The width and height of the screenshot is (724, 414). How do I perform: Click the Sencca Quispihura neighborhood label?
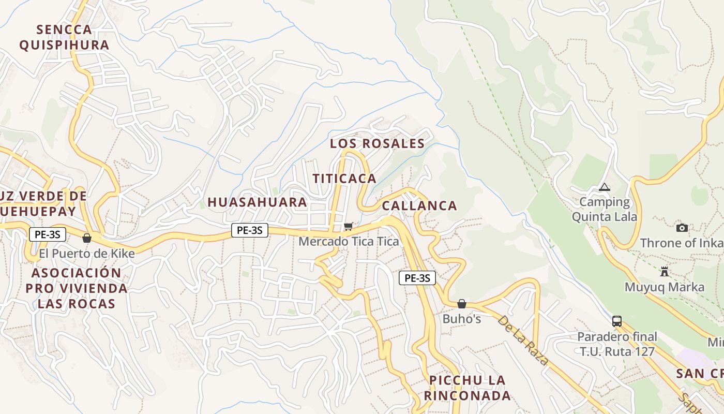pyautogui.click(x=64, y=37)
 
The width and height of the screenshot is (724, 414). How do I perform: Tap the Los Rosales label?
pyautogui.click(x=378, y=144)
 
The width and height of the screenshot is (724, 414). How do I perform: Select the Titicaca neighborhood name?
pyautogui.click(x=344, y=179)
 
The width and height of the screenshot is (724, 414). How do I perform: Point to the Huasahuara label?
pyautogui.click(x=258, y=202)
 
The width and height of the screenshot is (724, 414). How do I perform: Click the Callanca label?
pyautogui.click(x=419, y=206)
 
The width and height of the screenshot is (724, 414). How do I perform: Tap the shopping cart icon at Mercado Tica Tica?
pyautogui.click(x=349, y=226)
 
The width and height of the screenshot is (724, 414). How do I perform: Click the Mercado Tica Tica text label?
pyautogui.click(x=349, y=242)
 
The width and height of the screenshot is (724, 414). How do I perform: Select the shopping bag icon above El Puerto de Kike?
pyautogui.click(x=87, y=238)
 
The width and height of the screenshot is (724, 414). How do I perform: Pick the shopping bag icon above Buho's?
pyautogui.click(x=462, y=304)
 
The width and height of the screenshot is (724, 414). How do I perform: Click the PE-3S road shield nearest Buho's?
pyautogui.click(x=417, y=278)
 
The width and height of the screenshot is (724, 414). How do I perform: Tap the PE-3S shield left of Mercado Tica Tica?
pyautogui.click(x=250, y=230)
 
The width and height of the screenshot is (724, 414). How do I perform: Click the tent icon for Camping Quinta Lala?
pyautogui.click(x=604, y=187)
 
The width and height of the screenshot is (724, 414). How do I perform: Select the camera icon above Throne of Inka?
pyautogui.click(x=682, y=228)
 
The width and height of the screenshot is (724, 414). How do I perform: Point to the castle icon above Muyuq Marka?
pyautogui.click(x=665, y=271)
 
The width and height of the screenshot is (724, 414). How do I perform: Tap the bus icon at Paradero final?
pyautogui.click(x=617, y=321)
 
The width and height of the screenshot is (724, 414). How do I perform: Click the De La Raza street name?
pyautogui.click(x=522, y=339)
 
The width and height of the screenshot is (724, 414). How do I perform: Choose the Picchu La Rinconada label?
pyautogui.click(x=467, y=388)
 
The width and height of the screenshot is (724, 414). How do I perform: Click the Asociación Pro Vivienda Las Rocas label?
pyautogui.click(x=77, y=288)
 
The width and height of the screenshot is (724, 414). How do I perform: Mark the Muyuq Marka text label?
pyautogui.click(x=665, y=287)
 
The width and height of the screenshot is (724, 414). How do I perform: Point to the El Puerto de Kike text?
pyautogui.click(x=87, y=254)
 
